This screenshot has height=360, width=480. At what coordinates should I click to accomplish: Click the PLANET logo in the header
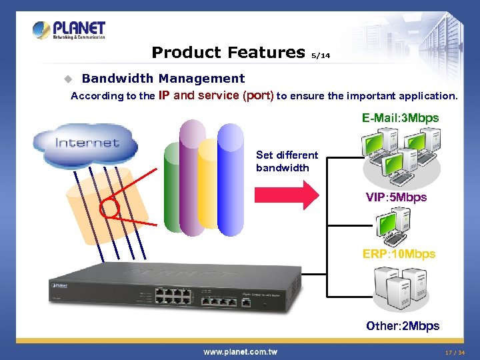click(69, 30)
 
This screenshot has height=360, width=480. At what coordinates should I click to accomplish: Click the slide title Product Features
click(228, 52)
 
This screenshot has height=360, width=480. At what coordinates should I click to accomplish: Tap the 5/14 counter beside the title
click(321, 56)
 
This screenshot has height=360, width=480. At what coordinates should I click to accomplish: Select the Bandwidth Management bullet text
click(163, 79)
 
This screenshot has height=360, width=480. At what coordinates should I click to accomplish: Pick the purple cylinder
click(191, 177)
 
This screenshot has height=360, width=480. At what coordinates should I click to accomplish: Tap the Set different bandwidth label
click(287, 161)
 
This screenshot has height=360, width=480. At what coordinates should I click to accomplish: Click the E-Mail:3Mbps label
click(400, 118)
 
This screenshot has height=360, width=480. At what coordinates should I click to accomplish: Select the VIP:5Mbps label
click(396, 197)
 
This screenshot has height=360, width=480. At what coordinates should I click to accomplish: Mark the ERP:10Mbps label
click(399, 254)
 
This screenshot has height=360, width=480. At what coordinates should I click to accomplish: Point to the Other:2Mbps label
click(403, 326)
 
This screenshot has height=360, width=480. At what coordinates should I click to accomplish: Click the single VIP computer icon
click(393, 227)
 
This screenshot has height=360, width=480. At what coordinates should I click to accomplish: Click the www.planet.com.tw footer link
click(240, 351)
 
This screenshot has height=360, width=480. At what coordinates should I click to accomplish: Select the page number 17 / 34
click(455, 352)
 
